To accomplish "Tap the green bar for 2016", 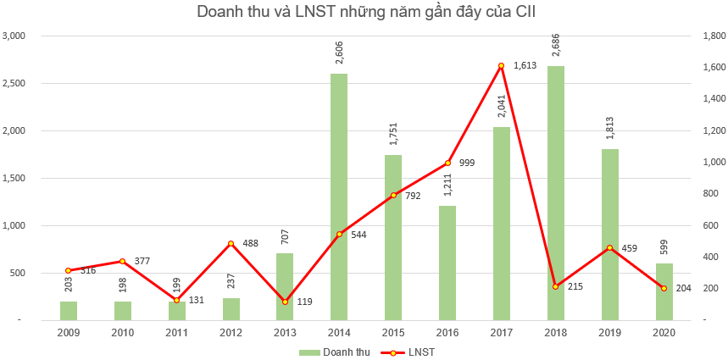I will point(447,263).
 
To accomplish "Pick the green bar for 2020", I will point(664,291).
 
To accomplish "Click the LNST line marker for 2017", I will point(501,65).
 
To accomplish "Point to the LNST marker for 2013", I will point(285,302).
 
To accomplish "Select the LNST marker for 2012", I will point(231,244).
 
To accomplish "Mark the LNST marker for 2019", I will point(609,248).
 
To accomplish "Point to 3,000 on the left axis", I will point(16,36).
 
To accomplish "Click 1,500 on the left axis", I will point(16,179).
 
